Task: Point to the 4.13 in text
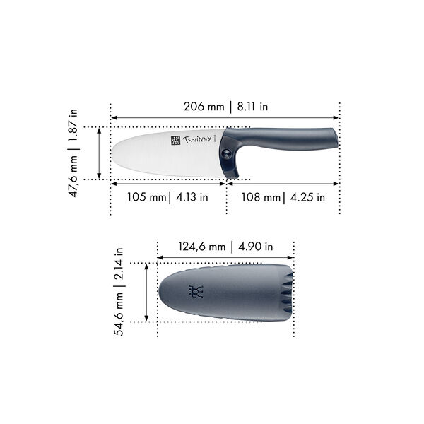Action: pos(190,197)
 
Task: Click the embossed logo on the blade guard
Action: pos(196,291)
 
